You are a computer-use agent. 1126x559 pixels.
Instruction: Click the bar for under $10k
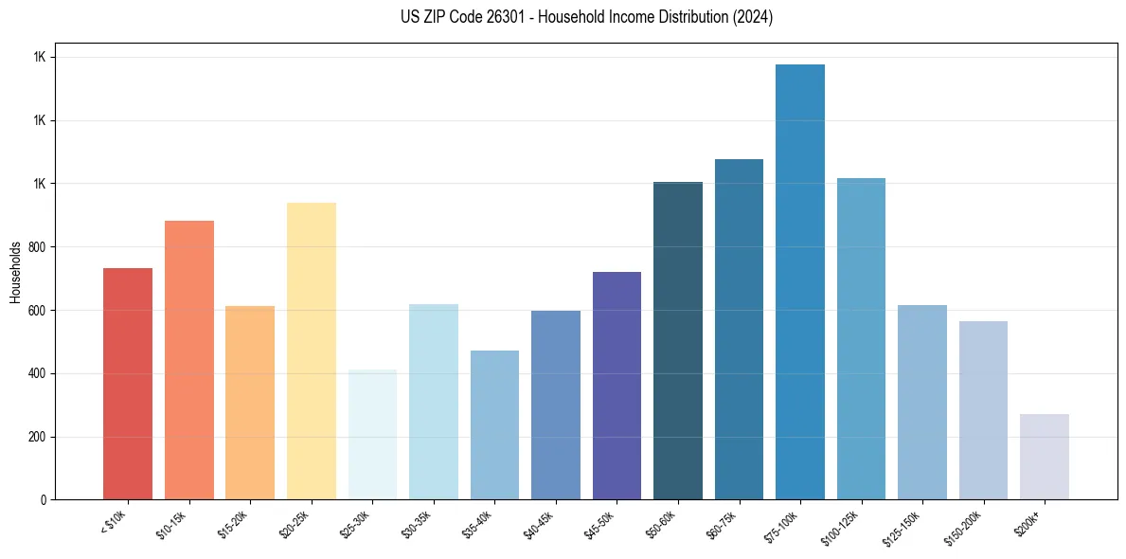click(x=128, y=384)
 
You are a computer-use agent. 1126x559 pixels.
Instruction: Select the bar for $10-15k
click(x=188, y=360)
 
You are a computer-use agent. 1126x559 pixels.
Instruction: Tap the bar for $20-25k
click(x=311, y=351)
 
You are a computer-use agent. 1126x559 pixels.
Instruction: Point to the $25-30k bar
click(x=372, y=435)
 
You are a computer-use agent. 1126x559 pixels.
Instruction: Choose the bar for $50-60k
click(x=678, y=341)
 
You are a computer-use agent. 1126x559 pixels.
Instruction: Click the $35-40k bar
click(x=494, y=425)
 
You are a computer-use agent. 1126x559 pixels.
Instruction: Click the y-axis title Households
click(x=15, y=272)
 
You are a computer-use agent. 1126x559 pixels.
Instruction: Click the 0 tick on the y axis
click(x=44, y=500)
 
